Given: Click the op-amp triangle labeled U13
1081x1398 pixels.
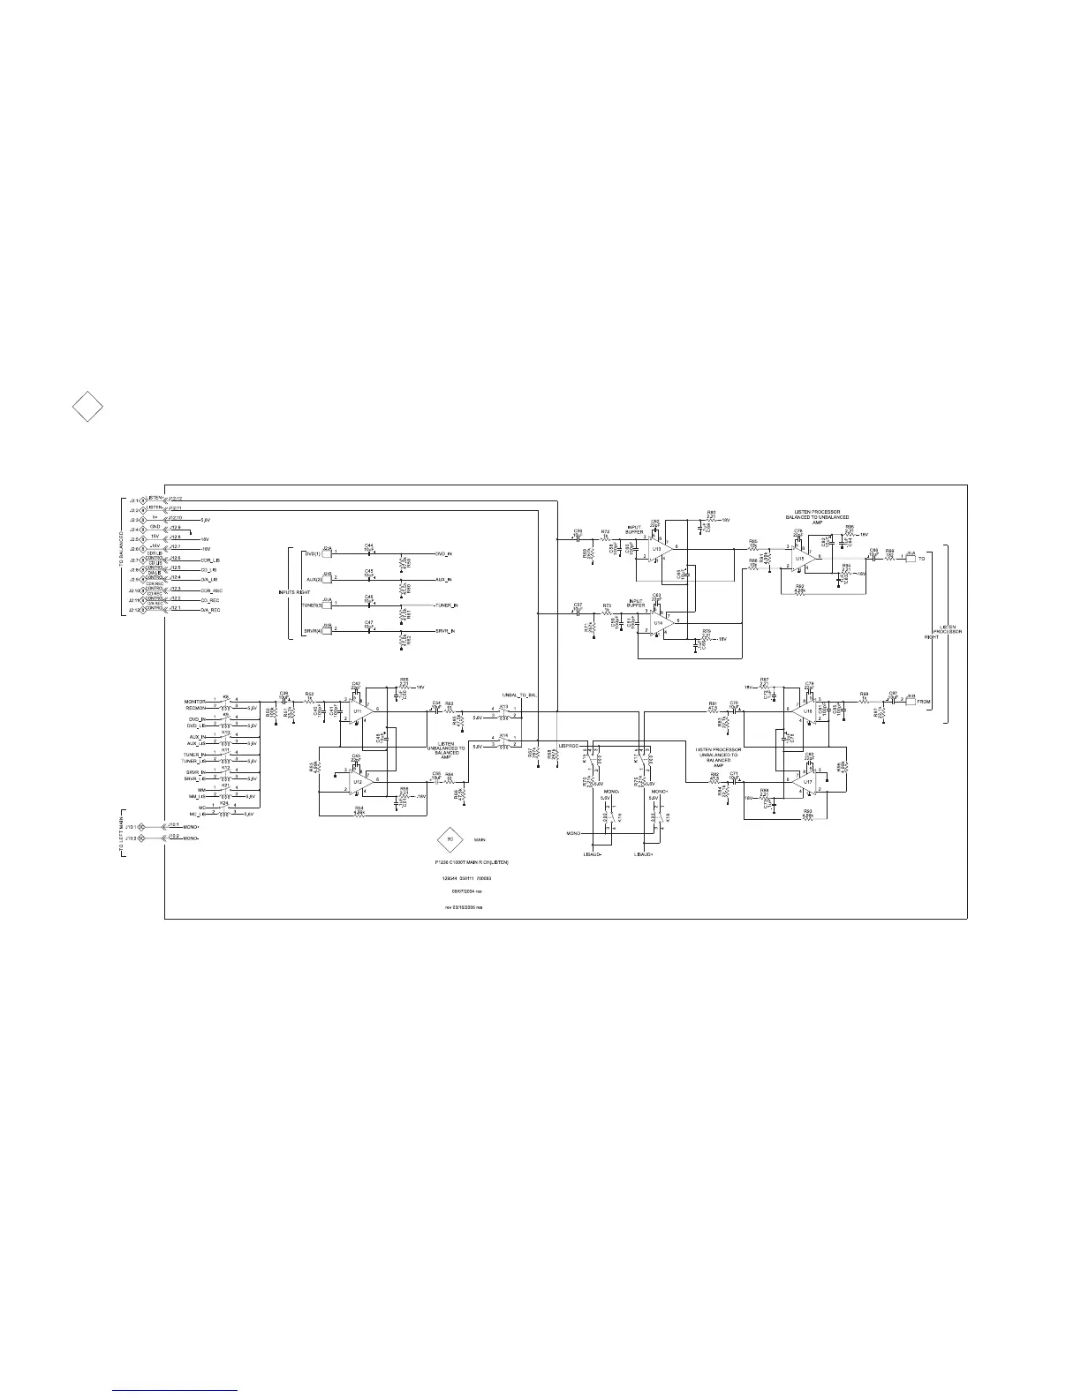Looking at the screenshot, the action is point(658,550).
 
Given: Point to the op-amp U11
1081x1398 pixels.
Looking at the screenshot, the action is point(359,711).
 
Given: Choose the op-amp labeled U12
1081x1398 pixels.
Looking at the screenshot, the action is point(359,781).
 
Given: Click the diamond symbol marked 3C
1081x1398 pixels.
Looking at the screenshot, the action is point(450,839).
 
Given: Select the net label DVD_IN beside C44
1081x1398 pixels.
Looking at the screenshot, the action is point(443,553).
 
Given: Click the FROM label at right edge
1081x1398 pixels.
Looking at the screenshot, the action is point(924,702).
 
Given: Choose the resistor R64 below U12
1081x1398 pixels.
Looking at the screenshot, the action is point(359,813).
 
